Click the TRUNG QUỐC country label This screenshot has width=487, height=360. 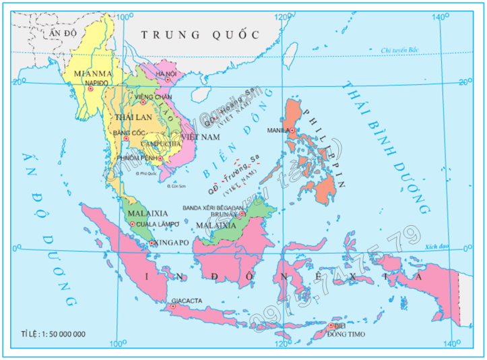click(201, 34)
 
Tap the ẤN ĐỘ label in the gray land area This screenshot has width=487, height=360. click(60, 32)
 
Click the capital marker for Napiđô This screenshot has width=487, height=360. click(90, 88)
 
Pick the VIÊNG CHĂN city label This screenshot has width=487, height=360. click(153, 96)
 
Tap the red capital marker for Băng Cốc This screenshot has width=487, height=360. click(125, 138)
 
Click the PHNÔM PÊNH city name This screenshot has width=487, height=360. click(137, 158)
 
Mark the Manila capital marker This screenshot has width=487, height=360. click(292, 129)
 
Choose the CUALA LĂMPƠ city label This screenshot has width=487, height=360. click(156, 224)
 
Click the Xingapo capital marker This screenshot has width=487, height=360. click(153, 243)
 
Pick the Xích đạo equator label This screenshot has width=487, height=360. click(438, 247)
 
